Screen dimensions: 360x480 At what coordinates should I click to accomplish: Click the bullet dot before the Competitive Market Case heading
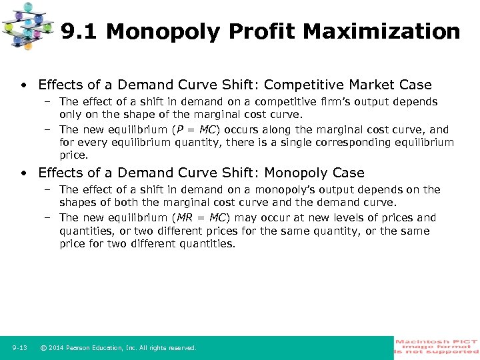pyautogui.click(x=23, y=85)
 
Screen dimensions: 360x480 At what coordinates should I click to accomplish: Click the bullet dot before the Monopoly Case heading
pyautogui.click(x=23, y=173)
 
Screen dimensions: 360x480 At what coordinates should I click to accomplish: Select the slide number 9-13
pyautogui.click(x=19, y=348)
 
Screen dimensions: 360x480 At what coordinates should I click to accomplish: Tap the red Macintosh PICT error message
pyautogui.click(x=437, y=347)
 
